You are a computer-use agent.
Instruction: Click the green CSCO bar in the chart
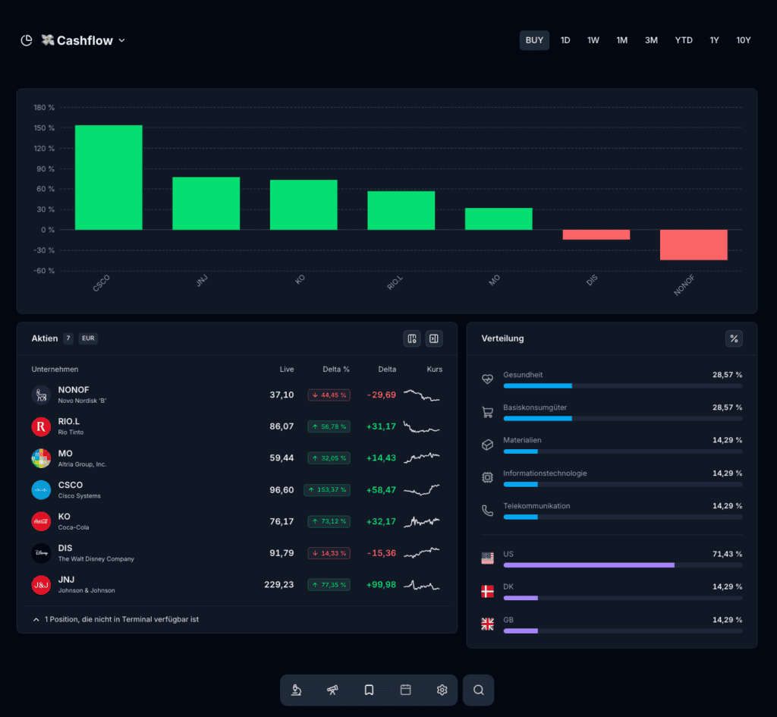109,178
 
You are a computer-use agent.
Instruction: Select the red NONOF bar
694,245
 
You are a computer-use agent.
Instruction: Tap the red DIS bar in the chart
596,235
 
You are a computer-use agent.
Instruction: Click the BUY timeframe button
534,40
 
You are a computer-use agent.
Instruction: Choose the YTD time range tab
684,40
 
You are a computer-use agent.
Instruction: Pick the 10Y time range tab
743,40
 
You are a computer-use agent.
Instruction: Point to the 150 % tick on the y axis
44,127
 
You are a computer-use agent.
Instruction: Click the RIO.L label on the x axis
395,283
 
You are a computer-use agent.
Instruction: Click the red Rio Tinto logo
41,426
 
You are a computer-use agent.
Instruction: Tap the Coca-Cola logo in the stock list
41,521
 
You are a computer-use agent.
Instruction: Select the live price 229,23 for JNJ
279,585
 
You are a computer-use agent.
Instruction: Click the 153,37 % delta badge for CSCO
327,489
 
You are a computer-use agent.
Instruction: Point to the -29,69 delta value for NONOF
382,395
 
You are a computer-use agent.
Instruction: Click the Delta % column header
336,370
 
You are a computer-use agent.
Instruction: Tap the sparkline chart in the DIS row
422,552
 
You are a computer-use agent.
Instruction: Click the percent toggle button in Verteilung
734,338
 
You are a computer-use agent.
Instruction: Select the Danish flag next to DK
488,591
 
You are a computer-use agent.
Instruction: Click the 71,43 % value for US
728,554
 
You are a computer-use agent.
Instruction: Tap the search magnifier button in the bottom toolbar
479,690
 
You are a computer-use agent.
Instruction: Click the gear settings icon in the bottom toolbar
442,690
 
